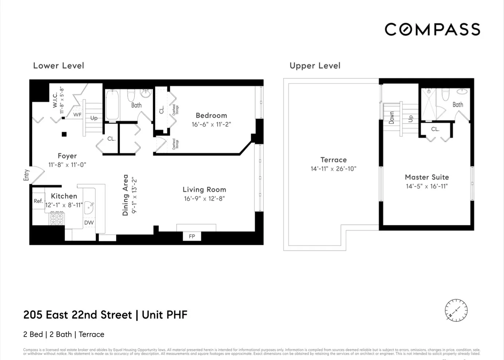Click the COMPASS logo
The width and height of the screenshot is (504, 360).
click(432, 30)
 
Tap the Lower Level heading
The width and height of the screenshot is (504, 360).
click(59, 66)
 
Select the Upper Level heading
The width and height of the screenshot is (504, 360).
click(315, 66)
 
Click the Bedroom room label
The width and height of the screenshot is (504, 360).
click(211, 116)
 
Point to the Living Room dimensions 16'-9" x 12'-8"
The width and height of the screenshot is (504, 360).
click(204, 199)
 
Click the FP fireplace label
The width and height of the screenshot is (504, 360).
click(192, 236)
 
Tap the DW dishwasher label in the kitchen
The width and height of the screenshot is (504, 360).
click(89, 223)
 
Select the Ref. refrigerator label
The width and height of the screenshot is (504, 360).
click(38, 201)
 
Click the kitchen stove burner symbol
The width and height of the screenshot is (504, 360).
click(57, 218)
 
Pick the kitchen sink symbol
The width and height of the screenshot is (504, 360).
click(89, 208)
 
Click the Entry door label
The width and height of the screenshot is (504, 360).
click(26, 175)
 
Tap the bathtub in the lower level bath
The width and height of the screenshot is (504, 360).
click(112, 105)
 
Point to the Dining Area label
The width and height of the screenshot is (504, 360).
click(126, 195)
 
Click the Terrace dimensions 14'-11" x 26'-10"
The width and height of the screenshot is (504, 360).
click(333, 169)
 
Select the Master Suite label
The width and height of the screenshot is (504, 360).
click(427, 177)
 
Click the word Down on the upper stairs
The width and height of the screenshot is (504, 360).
click(391, 118)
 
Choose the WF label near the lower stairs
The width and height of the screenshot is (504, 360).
click(77, 115)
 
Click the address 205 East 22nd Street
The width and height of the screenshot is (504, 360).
click(78, 315)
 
